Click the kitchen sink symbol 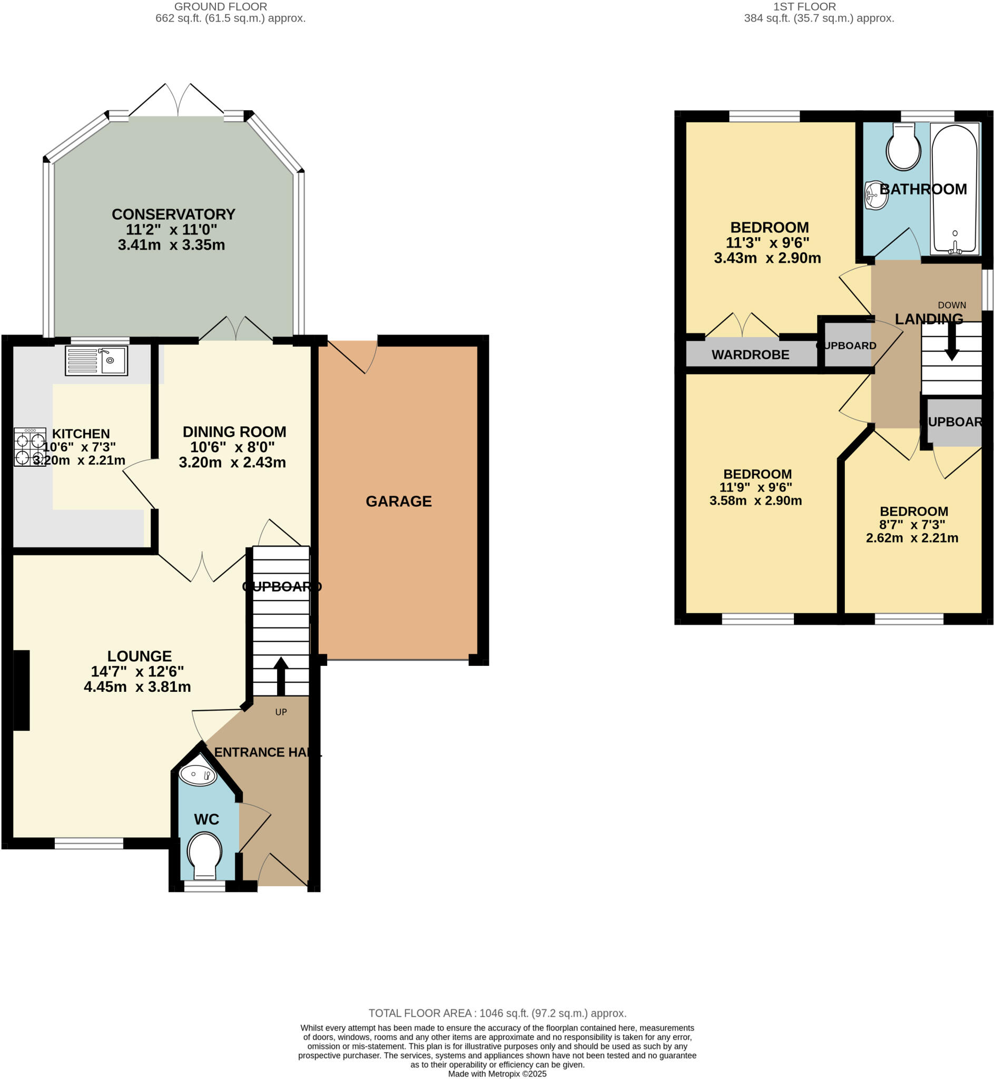[x=97, y=360]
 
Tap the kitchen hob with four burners [x=30, y=447]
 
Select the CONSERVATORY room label [x=173, y=214]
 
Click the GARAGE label [x=399, y=502]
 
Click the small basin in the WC [x=198, y=774]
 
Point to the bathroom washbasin [x=875, y=195]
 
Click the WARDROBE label [x=750, y=355]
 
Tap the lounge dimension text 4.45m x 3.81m [x=137, y=687]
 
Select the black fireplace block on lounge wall [x=22, y=690]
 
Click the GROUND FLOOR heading [x=221, y=7]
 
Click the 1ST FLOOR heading [x=805, y=7]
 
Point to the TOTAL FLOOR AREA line [x=497, y=1013]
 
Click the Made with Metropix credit [x=497, y=1074]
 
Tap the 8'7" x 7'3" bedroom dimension [x=912, y=524]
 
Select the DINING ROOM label [x=234, y=432]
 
